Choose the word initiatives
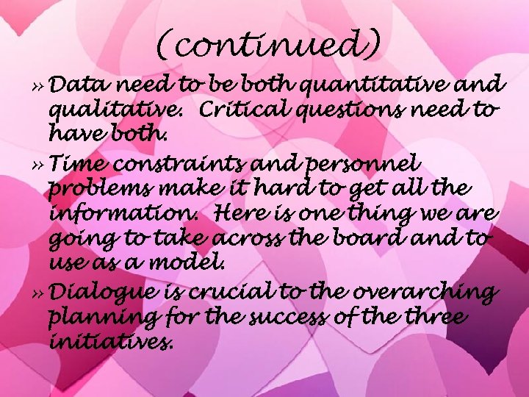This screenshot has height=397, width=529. coord(111,343)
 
